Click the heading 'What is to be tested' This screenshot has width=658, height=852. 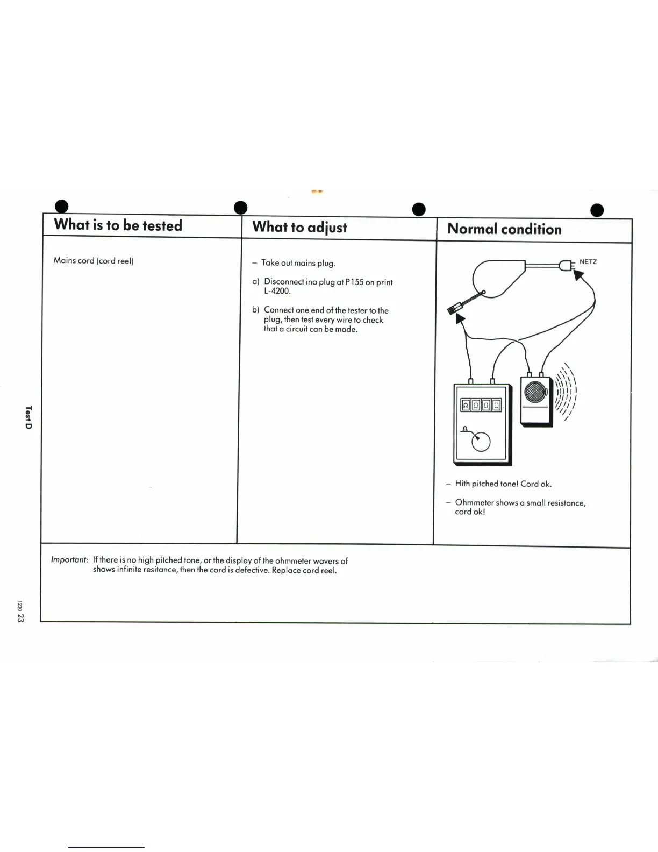pyautogui.click(x=118, y=225)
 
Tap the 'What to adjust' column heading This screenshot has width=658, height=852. pyautogui.click(x=299, y=227)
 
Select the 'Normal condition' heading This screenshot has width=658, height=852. pyautogui.click(x=504, y=229)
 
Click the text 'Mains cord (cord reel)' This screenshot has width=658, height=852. pyautogui.click(x=94, y=261)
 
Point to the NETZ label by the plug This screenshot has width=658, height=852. pyautogui.click(x=588, y=262)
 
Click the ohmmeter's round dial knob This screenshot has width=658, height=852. pyautogui.click(x=481, y=442)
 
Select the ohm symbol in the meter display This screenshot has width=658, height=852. pyautogui.click(x=466, y=405)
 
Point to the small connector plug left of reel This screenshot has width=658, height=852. pyautogui.click(x=454, y=308)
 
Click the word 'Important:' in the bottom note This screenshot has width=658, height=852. pyautogui.click(x=69, y=560)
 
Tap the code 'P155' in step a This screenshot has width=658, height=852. pyautogui.click(x=354, y=282)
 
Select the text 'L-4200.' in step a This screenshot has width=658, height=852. pyautogui.click(x=277, y=291)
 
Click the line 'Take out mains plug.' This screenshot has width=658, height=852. pyautogui.click(x=298, y=263)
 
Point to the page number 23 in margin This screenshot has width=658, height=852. pyautogui.click(x=20, y=617)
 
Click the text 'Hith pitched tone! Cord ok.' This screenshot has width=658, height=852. pyautogui.click(x=503, y=484)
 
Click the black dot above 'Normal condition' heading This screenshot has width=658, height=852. pyautogui.click(x=419, y=209)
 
